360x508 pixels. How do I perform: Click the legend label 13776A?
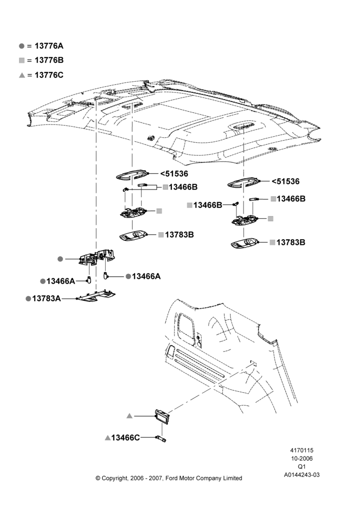tap(49, 46)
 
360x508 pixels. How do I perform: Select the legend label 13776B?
tap(49, 60)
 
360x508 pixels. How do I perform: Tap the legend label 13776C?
tap(49, 75)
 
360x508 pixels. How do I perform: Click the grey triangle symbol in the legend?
tap(22, 75)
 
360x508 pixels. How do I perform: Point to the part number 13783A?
tap(46, 298)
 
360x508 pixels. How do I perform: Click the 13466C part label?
tap(126, 438)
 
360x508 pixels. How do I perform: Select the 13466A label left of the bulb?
tap(61, 281)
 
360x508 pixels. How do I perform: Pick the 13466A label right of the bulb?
tap(146, 276)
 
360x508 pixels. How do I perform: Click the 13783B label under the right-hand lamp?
tap(291, 242)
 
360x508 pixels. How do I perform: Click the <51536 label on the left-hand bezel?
tap(174, 174)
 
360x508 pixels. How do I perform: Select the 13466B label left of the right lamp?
tap(207, 205)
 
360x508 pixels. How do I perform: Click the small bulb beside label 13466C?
tap(161, 438)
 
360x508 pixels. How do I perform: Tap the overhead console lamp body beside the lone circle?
tap(96, 257)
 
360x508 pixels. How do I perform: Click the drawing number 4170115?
tap(302, 450)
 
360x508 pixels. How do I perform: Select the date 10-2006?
tap(302, 458)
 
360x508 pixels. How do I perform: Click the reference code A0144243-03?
tap(302, 475)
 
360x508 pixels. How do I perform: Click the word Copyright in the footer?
tap(115, 479)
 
